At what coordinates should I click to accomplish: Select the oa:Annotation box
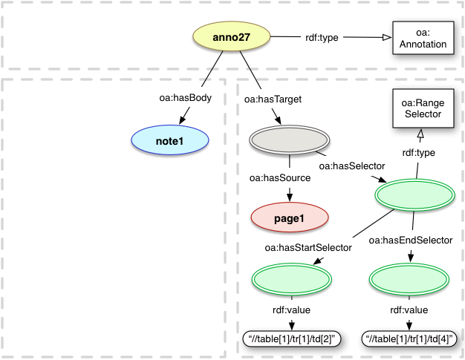[420, 39]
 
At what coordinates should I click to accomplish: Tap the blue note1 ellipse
[169, 139]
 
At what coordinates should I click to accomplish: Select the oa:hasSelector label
[351, 165]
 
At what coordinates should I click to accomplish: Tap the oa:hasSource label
[279, 178]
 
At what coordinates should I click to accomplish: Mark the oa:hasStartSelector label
[306, 247]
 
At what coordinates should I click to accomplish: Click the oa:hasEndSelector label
[410, 240]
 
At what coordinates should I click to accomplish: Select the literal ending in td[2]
[290, 339]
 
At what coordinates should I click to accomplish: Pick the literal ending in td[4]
[410, 339]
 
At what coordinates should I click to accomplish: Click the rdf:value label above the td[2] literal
[289, 310]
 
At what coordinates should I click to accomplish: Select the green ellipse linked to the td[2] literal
[290, 279]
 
